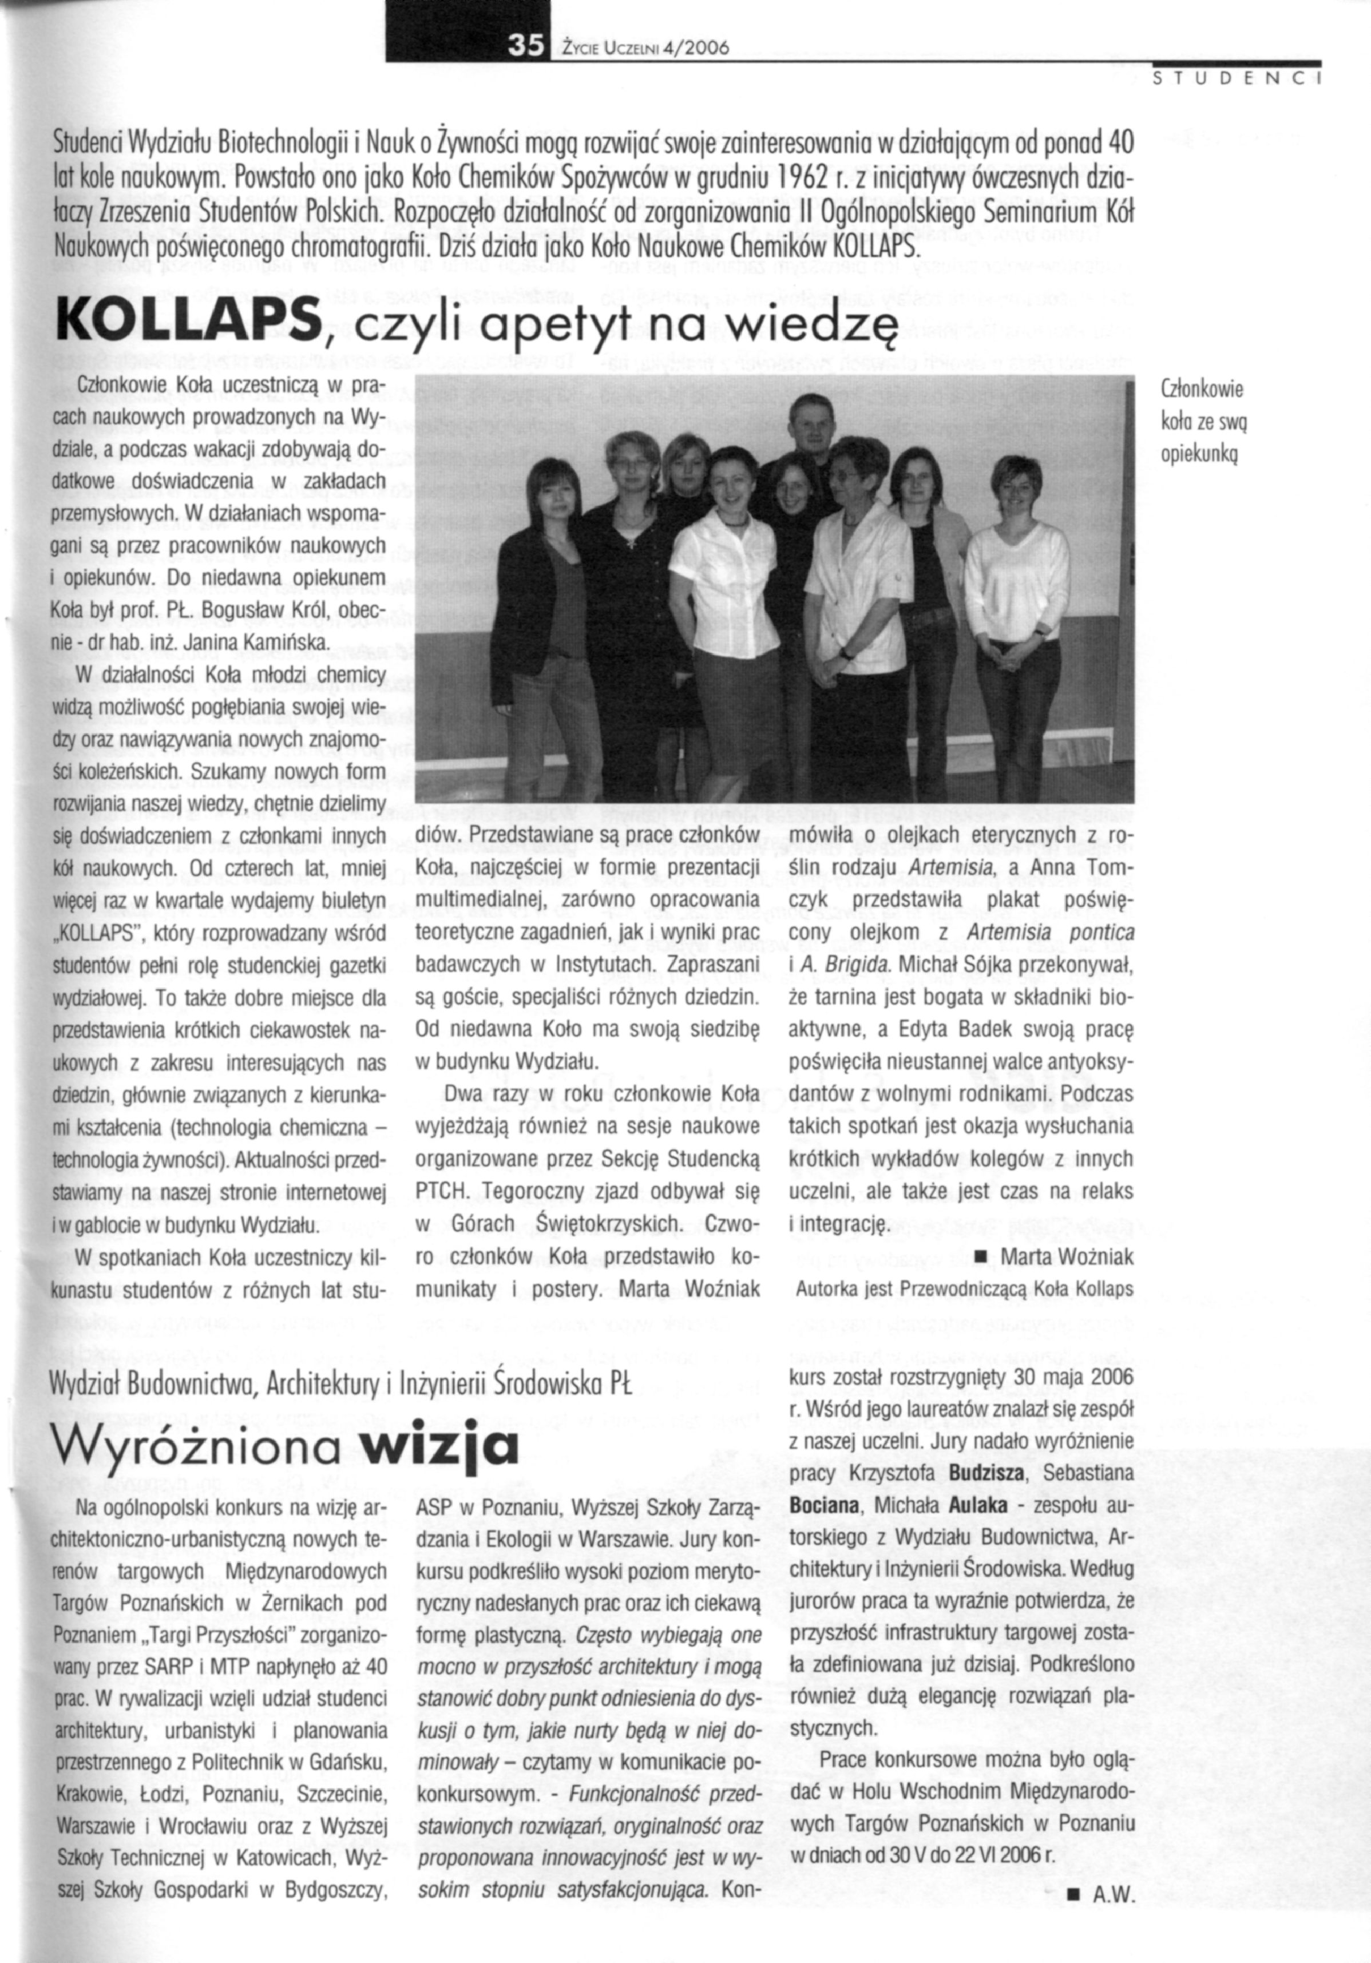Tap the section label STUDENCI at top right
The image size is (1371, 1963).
(x=1238, y=82)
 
